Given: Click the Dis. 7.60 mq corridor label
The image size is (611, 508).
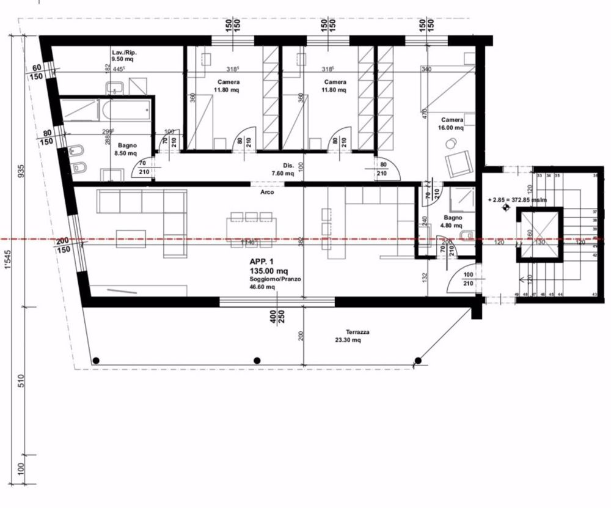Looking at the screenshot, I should tap(289, 169).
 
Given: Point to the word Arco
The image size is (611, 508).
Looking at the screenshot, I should tap(266, 192).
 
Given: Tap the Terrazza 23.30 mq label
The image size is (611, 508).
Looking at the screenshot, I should tap(352, 336).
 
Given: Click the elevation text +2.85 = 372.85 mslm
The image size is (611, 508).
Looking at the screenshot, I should tap(517, 199).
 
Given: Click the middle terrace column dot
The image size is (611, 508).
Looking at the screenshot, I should tap(257, 360).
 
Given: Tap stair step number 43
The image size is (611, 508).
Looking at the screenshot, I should tap(594, 295).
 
